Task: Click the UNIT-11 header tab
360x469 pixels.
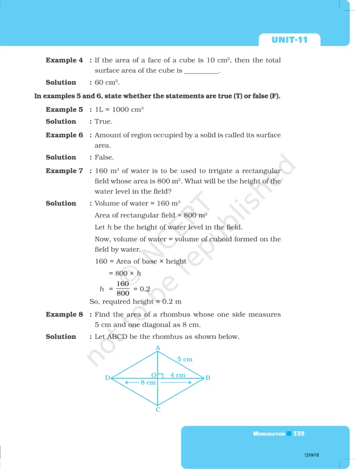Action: point(289,40)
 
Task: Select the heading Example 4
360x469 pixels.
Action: point(64,60)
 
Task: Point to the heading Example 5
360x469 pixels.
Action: point(64,110)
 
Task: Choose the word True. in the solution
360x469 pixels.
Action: point(104,122)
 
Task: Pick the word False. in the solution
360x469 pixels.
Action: point(104,158)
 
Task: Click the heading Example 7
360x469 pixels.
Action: point(64,171)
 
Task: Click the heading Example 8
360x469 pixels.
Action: point(64,315)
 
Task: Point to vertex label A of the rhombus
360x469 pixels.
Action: point(158,348)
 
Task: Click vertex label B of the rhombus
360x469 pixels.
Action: point(207,378)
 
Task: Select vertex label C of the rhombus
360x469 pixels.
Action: point(158,409)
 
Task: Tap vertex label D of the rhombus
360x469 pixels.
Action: point(108,378)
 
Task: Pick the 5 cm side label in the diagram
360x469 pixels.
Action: point(185,360)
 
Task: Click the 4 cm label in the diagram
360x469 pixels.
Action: point(178,375)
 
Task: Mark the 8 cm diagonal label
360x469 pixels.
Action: point(148,382)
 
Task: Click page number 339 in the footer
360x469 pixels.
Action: point(299,434)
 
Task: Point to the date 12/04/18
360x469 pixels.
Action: point(311,455)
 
